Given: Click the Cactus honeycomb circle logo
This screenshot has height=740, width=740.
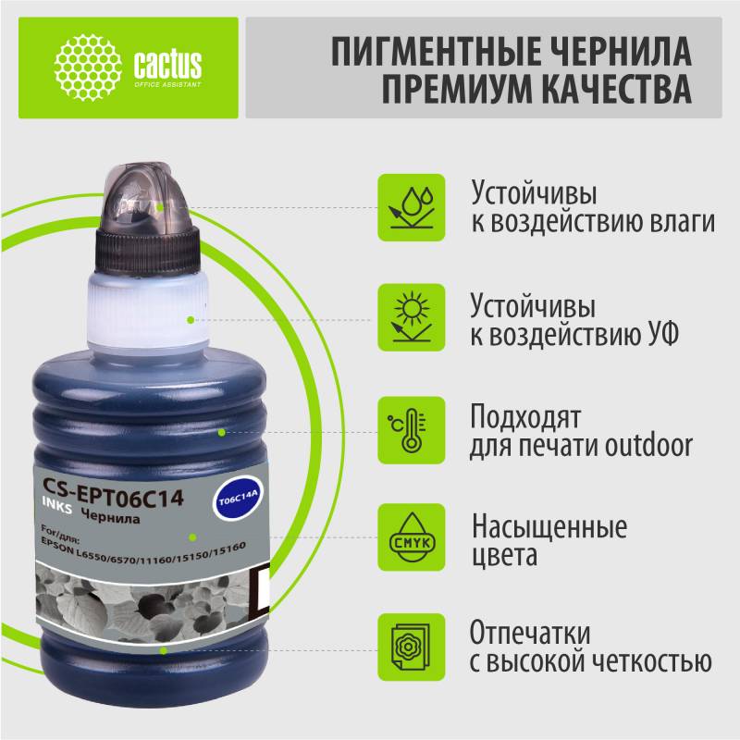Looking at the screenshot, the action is pyautogui.click(x=88, y=68).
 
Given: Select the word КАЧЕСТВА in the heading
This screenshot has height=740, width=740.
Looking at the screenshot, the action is pyautogui.click(x=616, y=88).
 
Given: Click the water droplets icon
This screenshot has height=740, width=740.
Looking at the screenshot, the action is pyautogui.click(x=412, y=207).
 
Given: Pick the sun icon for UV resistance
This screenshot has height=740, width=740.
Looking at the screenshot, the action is pyautogui.click(x=412, y=317).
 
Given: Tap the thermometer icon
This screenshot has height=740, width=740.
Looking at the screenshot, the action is pyautogui.click(x=412, y=430).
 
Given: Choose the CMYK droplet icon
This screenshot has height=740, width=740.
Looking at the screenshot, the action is pyautogui.click(x=412, y=537).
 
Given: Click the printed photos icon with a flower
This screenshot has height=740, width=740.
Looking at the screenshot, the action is pyautogui.click(x=412, y=647).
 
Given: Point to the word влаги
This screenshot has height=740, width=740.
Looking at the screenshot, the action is pyautogui.click(x=683, y=222).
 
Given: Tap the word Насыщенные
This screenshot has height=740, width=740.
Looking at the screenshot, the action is pyautogui.click(x=549, y=526).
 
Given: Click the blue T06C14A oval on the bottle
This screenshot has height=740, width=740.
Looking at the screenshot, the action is pyautogui.click(x=239, y=499).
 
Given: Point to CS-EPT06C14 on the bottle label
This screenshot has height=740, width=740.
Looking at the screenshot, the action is pyautogui.click(x=113, y=492).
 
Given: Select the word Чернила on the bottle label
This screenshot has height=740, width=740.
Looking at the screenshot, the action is pyautogui.click(x=110, y=515).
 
